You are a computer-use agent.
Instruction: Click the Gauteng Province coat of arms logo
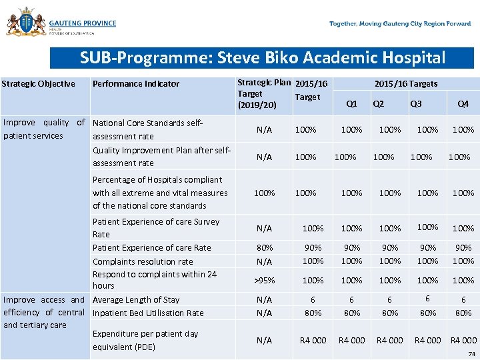pyautogui.click(x=25, y=22)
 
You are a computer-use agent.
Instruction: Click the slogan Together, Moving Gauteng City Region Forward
pyautogui.click(x=400, y=24)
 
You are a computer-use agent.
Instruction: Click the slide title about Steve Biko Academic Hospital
pyautogui.click(x=262, y=58)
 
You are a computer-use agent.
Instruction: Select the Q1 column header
pyautogui.click(x=352, y=104)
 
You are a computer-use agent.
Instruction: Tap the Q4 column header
pyautogui.click(x=463, y=104)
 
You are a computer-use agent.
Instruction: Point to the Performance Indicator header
pyautogui.click(x=136, y=84)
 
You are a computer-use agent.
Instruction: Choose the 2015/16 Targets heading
pyautogui.click(x=405, y=84)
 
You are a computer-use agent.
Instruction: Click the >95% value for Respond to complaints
pyautogui.click(x=264, y=280)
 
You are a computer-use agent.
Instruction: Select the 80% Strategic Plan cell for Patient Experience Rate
pyautogui.click(x=264, y=248)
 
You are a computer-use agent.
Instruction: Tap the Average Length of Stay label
pyautogui.click(x=136, y=300)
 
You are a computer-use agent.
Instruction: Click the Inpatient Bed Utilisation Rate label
pyautogui.click(x=148, y=313)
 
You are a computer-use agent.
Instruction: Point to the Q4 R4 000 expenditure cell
pyautogui.click(x=464, y=341)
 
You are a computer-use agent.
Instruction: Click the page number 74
pyautogui.click(x=472, y=354)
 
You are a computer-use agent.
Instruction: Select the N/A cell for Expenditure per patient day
pyautogui.click(x=264, y=341)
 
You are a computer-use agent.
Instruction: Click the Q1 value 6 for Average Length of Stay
pyautogui.click(x=352, y=301)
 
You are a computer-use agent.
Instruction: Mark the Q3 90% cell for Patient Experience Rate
pyautogui.click(x=427, y=248)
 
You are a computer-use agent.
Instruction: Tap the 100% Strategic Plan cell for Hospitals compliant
pyautogui.click(x=264, y=193)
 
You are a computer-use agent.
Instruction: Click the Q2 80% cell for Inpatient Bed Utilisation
pyautogui.click(x=390, y=313)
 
